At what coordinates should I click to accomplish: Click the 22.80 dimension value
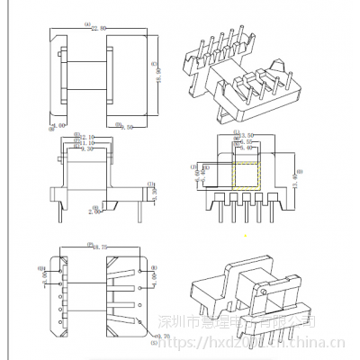97,28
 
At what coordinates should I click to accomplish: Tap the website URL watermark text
270,343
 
